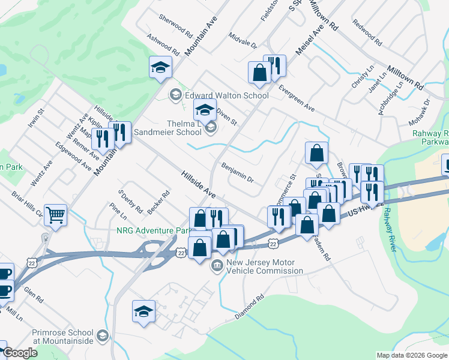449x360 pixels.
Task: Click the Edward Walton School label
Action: (x=226, y=95)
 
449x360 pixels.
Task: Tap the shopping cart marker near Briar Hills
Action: (x=55, y=214)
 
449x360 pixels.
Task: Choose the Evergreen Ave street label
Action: (x=297, y=98)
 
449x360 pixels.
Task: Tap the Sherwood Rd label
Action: (x=175, y=26)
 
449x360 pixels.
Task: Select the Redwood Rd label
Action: (x=367, y=34)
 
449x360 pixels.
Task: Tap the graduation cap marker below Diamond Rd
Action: (x=144, y=311)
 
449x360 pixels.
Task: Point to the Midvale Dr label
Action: (x=243, y=40)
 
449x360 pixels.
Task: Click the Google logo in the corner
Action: (x=20, y=353)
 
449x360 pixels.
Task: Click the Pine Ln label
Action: (x=118, y=210)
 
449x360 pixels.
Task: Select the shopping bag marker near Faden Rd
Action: (x=307, y=225)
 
